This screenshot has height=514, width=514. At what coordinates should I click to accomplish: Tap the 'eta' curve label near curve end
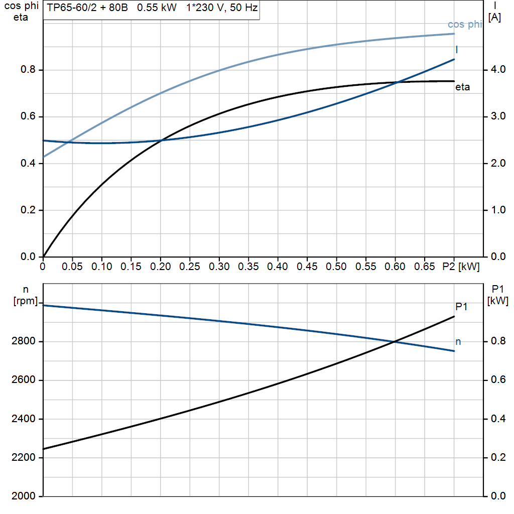click(462, 87)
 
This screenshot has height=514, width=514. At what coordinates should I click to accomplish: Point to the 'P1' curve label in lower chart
click(461, 306)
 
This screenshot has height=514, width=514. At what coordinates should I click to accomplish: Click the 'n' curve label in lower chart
click(458, 342)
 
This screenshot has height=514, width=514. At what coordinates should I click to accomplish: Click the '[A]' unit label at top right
click(494, 18)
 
